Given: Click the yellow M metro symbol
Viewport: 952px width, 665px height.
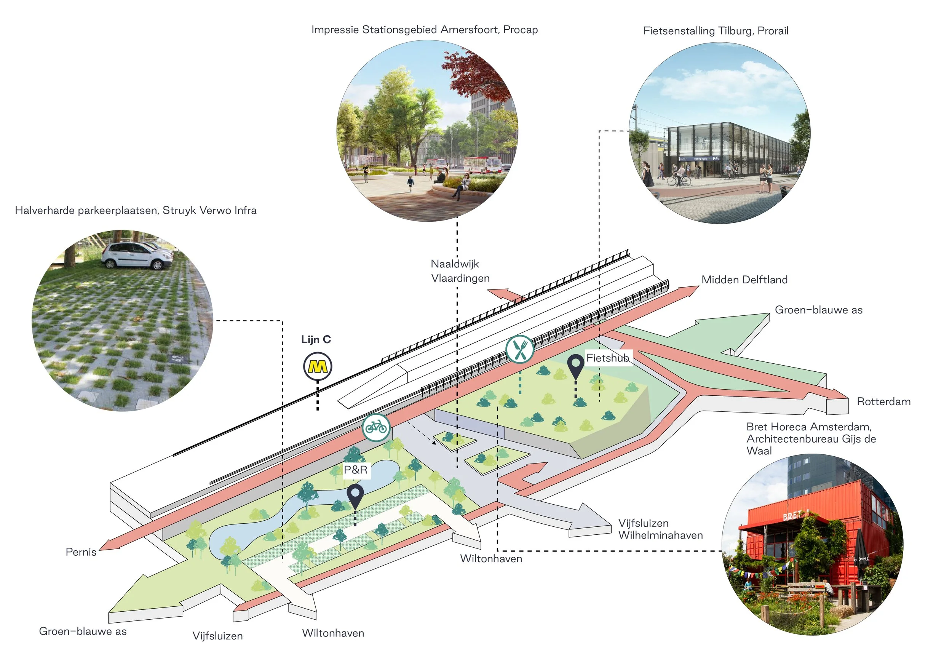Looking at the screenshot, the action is click(x=317, y=366).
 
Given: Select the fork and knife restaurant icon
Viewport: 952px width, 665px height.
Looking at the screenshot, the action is click(x=519, y=350).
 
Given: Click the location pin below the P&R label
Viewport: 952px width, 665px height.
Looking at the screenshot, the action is click(x=355, y=496).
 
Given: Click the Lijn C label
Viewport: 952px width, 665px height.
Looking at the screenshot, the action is click(x=316, y=340).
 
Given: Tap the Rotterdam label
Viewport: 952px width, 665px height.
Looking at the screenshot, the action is click(x=883, y=401).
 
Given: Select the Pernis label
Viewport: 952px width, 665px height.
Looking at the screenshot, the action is click(x=81, y=552).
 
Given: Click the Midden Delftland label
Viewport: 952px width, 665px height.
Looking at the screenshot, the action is click(x=744, y=280).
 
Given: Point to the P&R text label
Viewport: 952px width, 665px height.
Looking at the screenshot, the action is click(x=356, y=470).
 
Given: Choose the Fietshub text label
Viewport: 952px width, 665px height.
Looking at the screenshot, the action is click(x=607, y=358).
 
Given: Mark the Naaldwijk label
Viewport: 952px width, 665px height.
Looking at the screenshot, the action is click(x=455, y=264).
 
